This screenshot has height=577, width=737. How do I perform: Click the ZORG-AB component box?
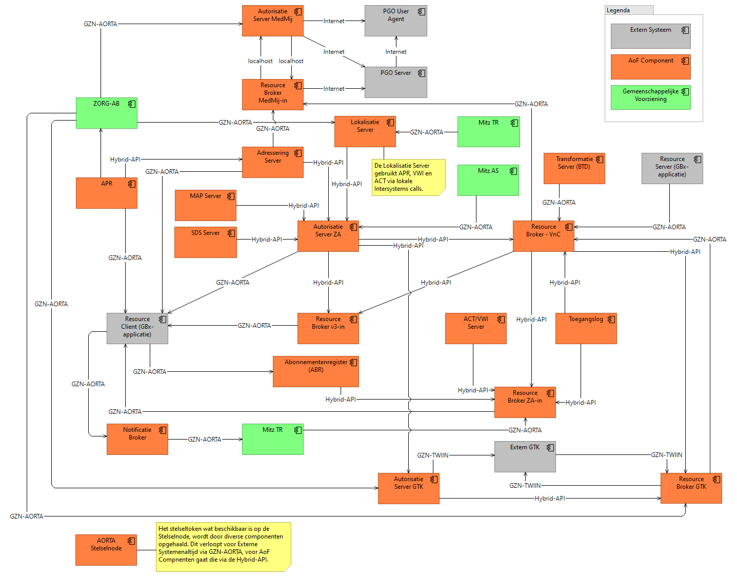[107, 113]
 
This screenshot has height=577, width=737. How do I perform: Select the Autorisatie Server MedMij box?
[273, 21]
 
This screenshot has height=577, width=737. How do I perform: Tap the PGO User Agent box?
[396, 21]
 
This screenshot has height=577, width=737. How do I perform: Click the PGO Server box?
[396, 82]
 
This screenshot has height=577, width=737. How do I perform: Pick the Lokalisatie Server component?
[365, 132]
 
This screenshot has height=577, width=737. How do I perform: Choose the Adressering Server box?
[273, 163]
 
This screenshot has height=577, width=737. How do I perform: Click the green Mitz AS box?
[488, 180]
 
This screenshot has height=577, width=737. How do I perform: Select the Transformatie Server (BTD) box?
[574, 169]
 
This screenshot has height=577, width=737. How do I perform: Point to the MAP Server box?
[206, 205]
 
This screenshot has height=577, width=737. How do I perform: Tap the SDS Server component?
[206, 242]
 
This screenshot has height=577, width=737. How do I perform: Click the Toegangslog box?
[586, 328]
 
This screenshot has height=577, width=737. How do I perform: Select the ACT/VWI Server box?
[476, 328]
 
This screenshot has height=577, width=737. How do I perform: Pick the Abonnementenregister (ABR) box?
[316, 371]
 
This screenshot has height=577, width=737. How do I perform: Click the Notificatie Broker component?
[137, 439]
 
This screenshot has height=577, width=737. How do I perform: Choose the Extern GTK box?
[525, 456]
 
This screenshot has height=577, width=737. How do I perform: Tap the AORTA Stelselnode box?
[106, 550]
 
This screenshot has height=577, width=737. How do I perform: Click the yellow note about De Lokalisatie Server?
[408, 177]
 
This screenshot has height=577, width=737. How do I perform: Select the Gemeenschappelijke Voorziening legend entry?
[651, 97]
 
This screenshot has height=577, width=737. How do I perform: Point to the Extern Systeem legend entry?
[651, 36]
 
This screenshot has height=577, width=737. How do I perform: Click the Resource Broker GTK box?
[691, 488]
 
